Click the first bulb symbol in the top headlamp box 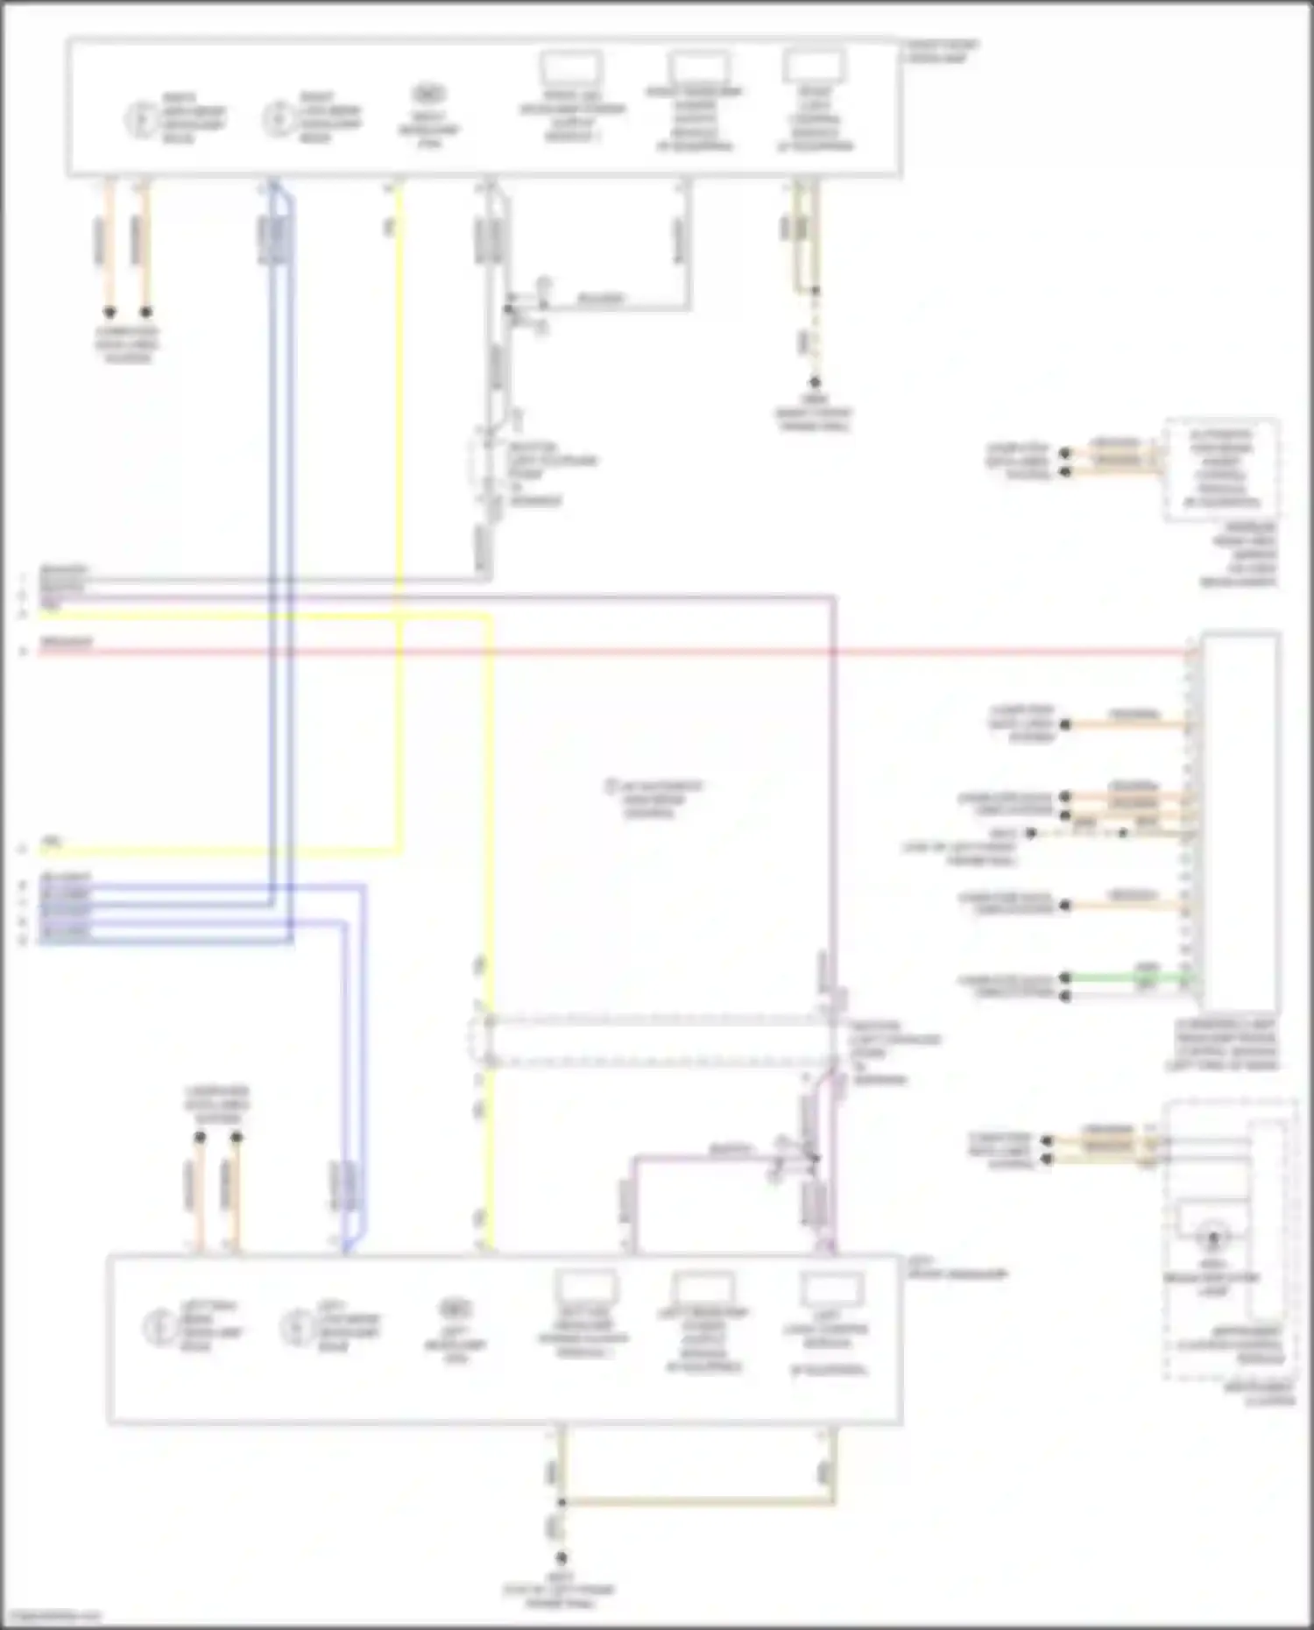[x=140, y=119]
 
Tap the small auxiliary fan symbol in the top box [x=427, y=94]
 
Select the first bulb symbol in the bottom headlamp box [x=159, y=1327]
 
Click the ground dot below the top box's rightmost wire [x=814, y=383]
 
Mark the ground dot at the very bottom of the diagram [x=562, y=1558]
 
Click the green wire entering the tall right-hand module [x=1130, y=977]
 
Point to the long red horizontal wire [x=613, y=652]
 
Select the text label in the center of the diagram [x=653, y=799]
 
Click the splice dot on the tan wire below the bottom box [x=562, y=1502]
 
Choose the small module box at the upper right [x=1220, y=469]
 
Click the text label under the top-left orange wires [x=128, y=344]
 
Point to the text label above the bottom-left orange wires [x=216, y=1105]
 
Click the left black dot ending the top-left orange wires [x=109, y=312]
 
